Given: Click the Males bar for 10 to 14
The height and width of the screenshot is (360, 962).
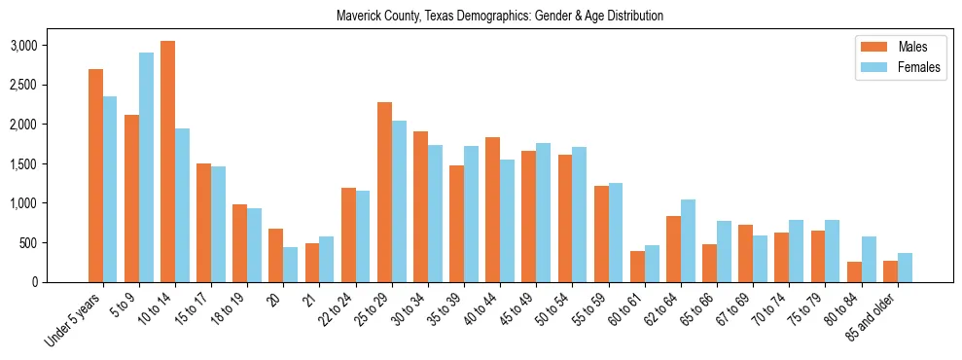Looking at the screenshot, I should click(x=167, y=162).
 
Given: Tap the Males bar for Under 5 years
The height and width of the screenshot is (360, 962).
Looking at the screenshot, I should click(x=95, y=175).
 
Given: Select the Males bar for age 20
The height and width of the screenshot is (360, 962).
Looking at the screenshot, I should click(x=275, y=255).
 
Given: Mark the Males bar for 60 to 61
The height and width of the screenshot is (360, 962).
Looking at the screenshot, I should click(x=637, y=267).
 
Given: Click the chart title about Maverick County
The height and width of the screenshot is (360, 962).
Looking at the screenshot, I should click(x=499, y=17).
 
